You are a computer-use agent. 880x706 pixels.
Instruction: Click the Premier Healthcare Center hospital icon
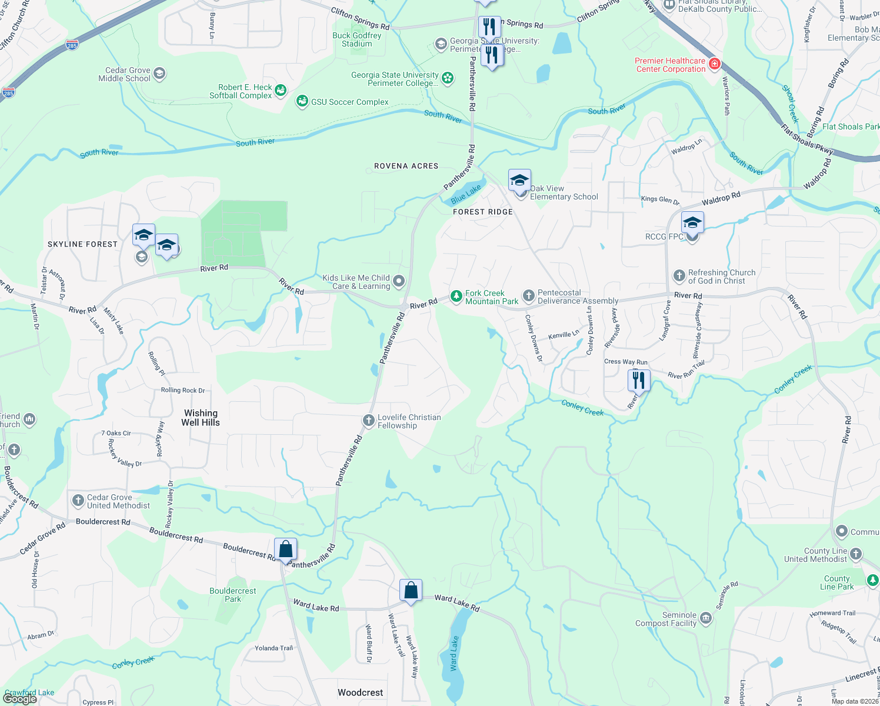click(715, 64)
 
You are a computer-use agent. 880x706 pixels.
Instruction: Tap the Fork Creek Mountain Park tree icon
click(456, 297)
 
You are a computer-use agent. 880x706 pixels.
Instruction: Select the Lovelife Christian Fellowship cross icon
click(369, 421)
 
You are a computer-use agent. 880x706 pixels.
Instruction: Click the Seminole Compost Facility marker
click(706, 618)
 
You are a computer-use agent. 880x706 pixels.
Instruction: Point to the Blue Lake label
click(466, 194)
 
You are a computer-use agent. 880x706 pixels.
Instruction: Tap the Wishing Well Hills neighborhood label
click(201, 418)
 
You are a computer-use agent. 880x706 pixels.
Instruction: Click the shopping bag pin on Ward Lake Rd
click(411, 590)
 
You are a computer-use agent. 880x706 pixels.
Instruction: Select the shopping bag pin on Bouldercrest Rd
click(285, 550)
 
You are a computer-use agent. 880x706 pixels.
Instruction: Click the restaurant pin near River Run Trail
click(638, 380)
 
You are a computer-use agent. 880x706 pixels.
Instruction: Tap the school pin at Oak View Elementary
click(519, 181)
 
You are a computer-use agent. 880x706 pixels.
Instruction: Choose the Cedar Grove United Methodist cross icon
click(78, 501)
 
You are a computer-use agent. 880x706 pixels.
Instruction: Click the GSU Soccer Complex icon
click(302, 102)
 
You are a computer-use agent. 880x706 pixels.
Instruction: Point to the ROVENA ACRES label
click(406, 166)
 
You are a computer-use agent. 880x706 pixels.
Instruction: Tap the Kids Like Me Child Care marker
click(399, 281)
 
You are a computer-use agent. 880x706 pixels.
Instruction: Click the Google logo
click(20, 698)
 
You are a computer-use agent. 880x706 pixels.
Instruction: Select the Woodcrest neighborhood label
click(360, 692)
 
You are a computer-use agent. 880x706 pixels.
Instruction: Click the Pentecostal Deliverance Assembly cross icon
click(528, 296)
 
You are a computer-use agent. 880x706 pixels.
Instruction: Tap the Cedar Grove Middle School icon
click(159, 74)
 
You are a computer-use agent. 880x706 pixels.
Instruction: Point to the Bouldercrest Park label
click(233, 595)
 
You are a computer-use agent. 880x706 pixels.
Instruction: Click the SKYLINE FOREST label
click(83, 244)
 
